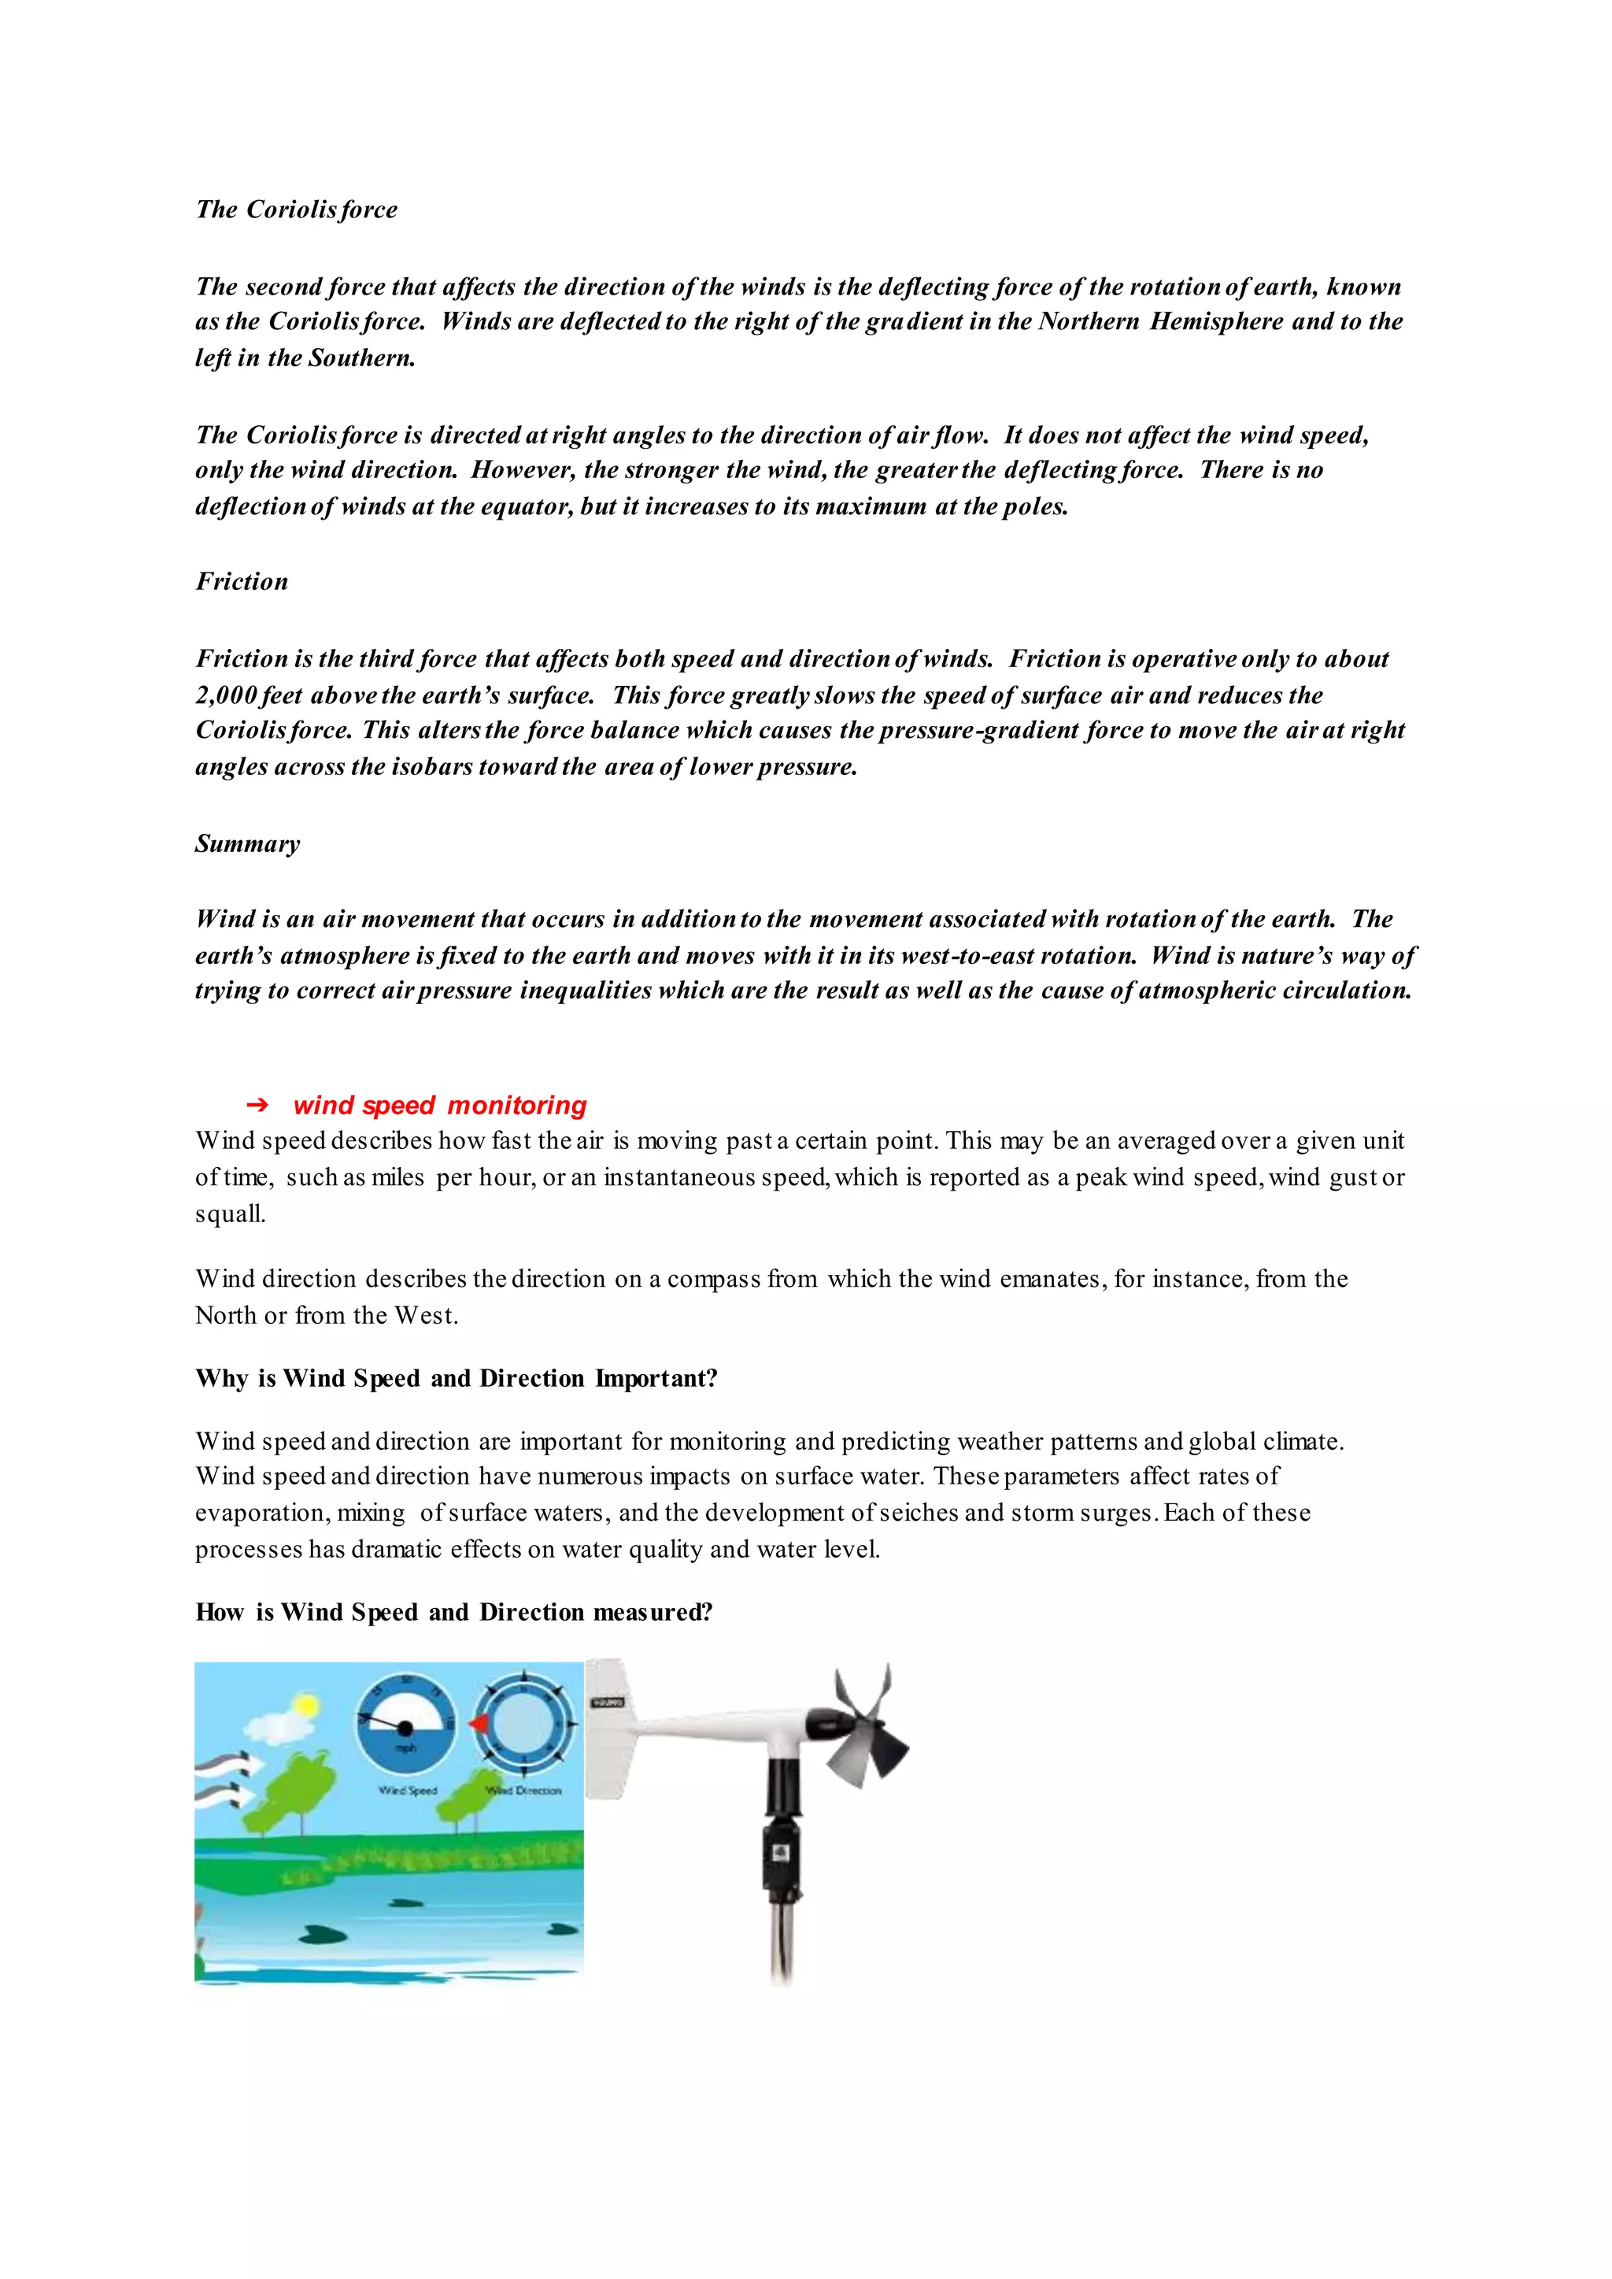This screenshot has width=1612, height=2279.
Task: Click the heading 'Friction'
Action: (241, 582)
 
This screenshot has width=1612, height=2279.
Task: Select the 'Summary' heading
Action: (247, 844)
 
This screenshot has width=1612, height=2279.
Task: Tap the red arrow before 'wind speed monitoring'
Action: (257, 1105)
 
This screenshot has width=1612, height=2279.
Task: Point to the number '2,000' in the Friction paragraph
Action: (227, 695)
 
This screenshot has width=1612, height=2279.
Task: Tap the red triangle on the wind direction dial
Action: (479, 1724)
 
